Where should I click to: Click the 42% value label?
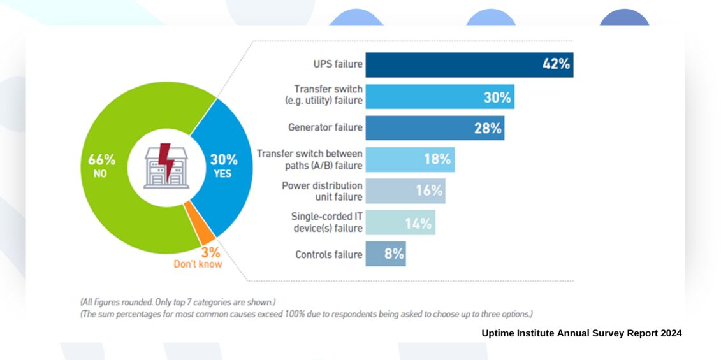pos(556,64)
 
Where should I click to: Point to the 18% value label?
pos(437,159)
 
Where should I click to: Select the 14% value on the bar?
pos(418,222)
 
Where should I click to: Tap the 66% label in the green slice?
pos(101,159)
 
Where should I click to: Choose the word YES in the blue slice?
pos(222,173)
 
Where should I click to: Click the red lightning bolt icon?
pos(166,162)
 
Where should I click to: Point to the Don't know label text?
pos(198,264)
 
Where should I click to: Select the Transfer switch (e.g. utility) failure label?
pos(328,95)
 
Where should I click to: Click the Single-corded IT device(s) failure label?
pos(326,222)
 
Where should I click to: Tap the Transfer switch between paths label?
pos(309,159)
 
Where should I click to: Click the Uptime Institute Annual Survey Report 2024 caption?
pos(581,333)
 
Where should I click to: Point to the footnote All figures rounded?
pos(177,301)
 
